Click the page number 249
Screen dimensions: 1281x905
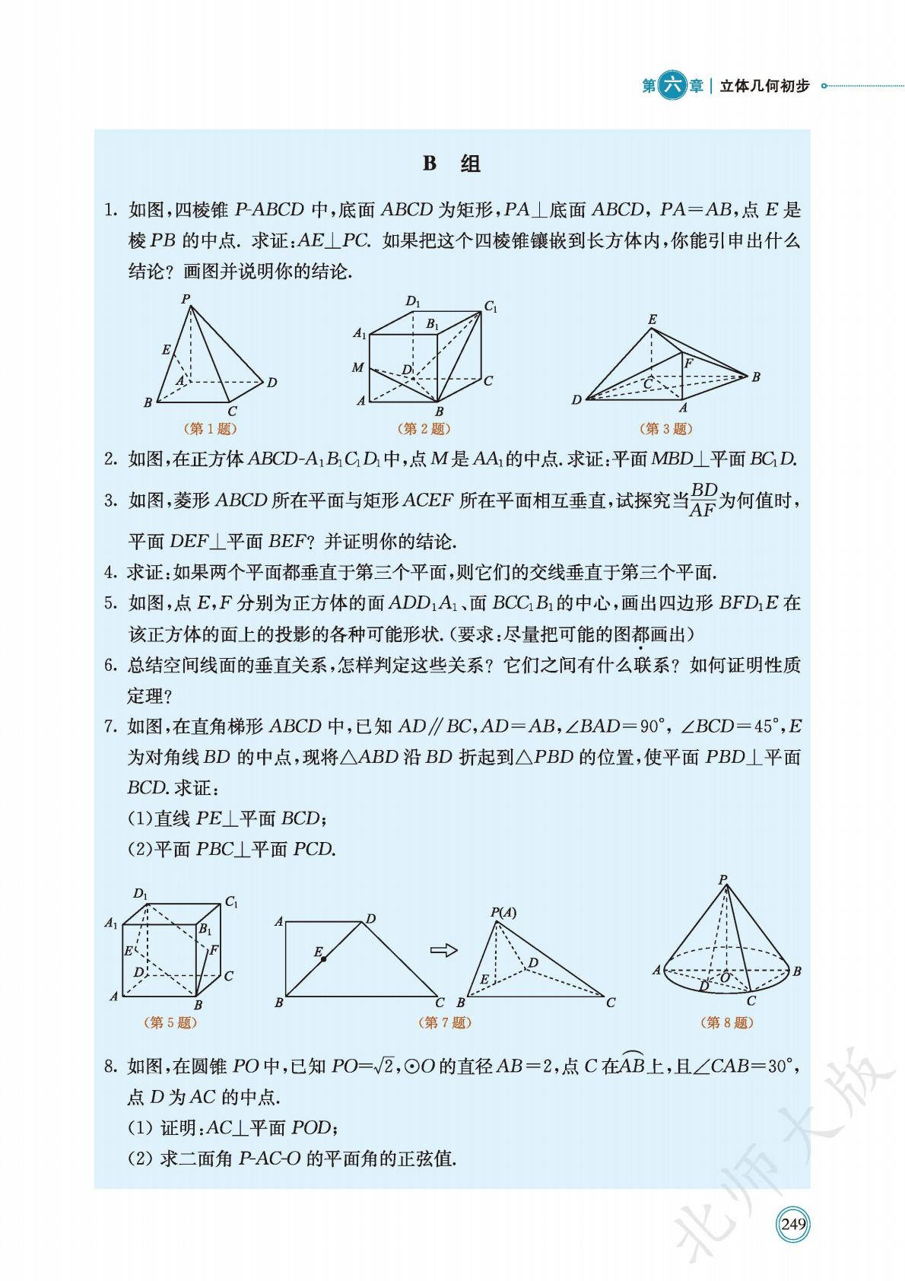(x=792, y=1224)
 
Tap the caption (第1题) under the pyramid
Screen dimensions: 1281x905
(x=210, y=429)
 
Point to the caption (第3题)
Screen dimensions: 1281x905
(x=666, y=429)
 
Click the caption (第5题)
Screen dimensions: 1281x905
(x=170, y=1022)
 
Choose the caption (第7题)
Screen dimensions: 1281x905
(x=445, y=1022)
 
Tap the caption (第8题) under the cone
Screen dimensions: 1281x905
(x=727, y=1022)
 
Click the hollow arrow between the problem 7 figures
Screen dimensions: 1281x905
(x=443, y=949)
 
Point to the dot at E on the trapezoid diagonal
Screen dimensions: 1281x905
(x=323, y=959)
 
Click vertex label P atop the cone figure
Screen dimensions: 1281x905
(x=722, y=880)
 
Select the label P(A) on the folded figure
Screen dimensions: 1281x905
(x=503, y=912)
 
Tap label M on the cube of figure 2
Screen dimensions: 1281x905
(x=357, y=368)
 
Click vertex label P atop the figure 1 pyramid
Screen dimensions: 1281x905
(x=185, y=299)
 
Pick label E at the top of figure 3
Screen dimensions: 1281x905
(x=652, y=319)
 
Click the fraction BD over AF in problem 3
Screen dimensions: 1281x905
(x=703, y=500)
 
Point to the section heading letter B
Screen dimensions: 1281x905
(x=430, y=164)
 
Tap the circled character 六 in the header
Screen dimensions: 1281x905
(x=672, y=86)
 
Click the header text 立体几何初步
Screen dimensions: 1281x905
(x=764, y=86)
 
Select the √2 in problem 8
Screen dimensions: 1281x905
(x=385, y=1066)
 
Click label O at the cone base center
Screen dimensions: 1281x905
(x=725, y=977)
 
